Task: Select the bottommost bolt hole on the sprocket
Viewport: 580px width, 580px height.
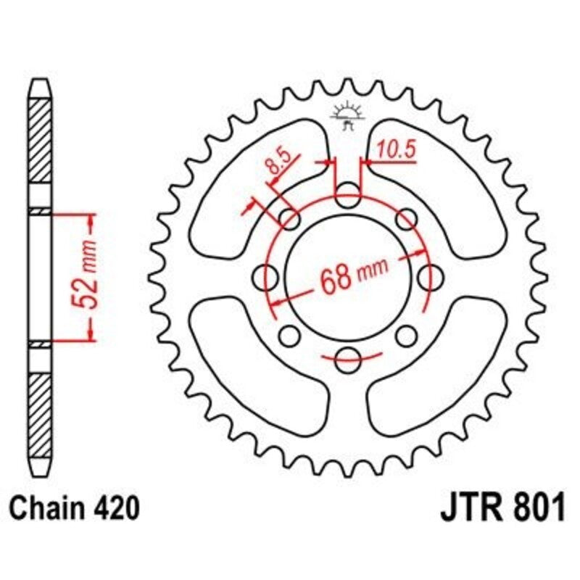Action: click(348, 355)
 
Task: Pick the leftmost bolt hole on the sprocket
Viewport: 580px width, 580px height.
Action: click(268, 275)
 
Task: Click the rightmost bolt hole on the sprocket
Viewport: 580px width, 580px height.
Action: click(429, 275)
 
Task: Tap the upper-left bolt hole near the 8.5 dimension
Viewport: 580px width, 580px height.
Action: click(291, 218)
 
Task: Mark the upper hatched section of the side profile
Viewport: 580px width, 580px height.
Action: click(41, 152)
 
